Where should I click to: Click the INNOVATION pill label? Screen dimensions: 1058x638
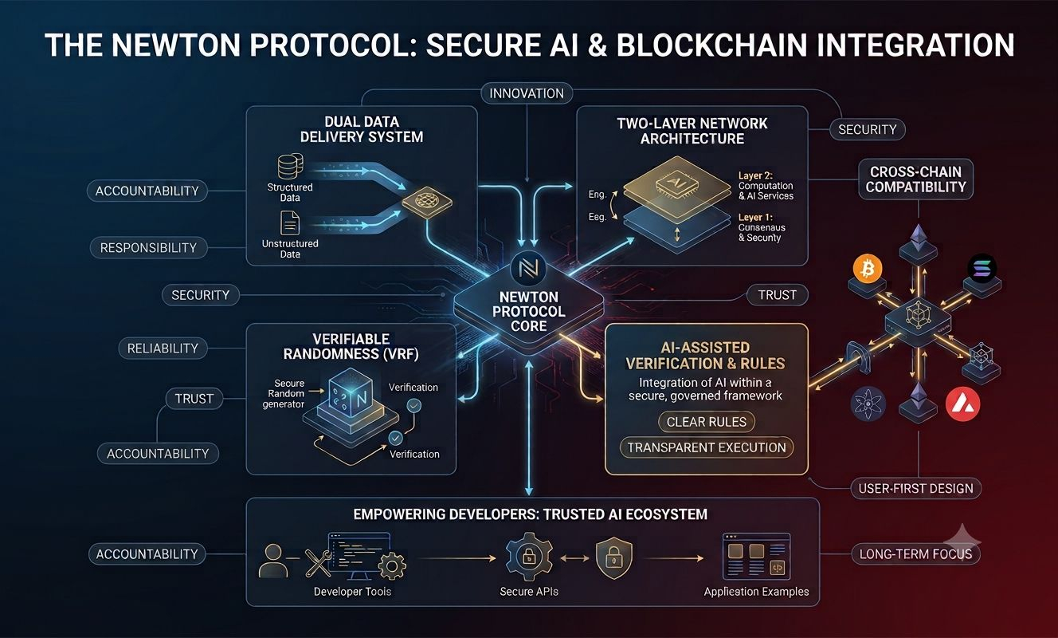[527, 93]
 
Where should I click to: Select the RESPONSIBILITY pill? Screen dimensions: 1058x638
[148, 247]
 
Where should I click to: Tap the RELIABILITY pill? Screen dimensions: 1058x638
[163, 348]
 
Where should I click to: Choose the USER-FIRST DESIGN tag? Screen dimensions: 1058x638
[916, 488]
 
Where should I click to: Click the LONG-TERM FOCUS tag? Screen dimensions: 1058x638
[916, 553]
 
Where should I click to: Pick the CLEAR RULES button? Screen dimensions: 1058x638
[707, 422]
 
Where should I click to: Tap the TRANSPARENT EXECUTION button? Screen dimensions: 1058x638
[707, 447]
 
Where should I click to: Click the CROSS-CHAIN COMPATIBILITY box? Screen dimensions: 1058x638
[916, 179]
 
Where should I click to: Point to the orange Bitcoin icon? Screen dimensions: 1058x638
[868, 269]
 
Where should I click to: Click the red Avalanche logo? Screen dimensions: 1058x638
[963, 404]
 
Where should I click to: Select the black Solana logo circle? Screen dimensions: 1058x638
[982, 268]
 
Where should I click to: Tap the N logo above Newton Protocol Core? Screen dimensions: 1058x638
[528, 269]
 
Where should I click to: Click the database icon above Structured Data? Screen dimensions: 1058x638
[290, 166]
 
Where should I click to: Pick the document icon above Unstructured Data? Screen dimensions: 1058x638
[289, 223]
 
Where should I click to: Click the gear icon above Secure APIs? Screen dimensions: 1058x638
[529, 557]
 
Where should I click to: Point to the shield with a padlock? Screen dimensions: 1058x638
[613, 557]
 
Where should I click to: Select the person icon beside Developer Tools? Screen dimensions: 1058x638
[273, 561]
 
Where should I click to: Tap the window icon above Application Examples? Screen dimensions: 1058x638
[756, 556]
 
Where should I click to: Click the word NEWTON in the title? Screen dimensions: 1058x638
[176, 45]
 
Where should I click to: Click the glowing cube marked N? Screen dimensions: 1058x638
[351, 393]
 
